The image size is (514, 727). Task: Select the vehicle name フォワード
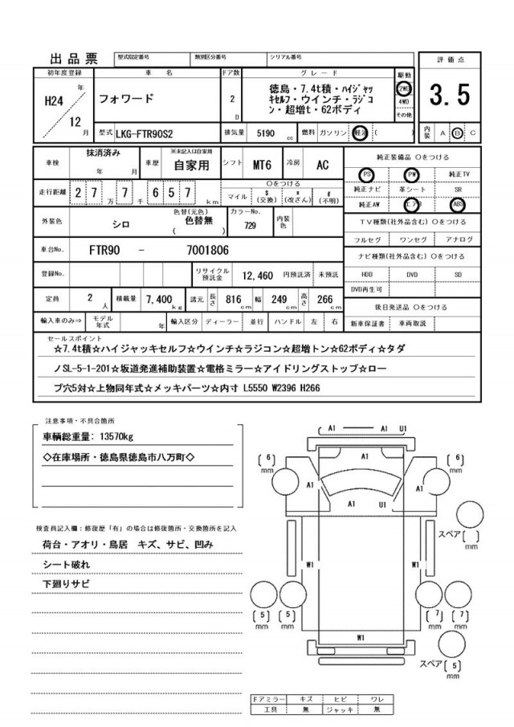pos(128,100)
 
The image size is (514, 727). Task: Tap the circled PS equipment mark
pos(367,174)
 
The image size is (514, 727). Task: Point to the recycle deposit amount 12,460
pos(259,275)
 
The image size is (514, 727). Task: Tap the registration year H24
pos(55,100)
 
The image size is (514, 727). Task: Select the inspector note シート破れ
pos(66,566)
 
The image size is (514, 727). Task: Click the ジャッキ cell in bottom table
pos(340,710)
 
